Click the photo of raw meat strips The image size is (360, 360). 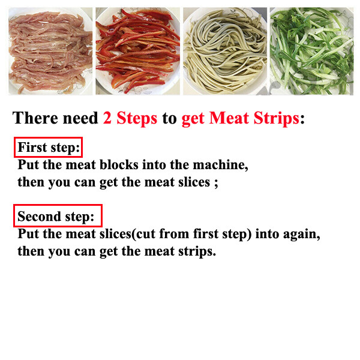(x=50, y=51)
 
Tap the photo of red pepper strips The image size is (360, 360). (x=138, y=51)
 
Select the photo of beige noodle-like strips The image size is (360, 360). (x=225, y=51)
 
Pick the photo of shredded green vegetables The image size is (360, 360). (x=312, y=51)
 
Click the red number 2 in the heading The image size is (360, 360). (x=107, y=118)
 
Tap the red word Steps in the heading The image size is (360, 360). (x=137, y=119)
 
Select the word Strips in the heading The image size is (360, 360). (x=277, y=119)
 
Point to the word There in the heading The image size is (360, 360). (x=35, y=118)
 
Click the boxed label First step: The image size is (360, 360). (x=48, y=148)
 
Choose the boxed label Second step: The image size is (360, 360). (x=58, y=216)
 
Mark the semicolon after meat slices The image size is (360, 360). (x=216, y=184)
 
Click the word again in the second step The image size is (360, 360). (x=301, y=235)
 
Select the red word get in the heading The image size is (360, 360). (x=193, y=119)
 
